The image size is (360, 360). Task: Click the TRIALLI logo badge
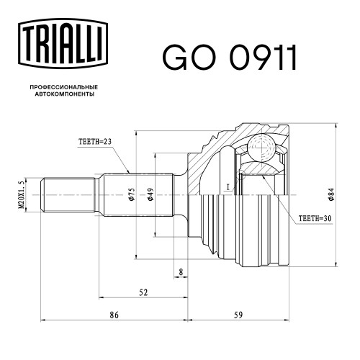tap(63, 44)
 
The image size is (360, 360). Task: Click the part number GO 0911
tap(230, 58)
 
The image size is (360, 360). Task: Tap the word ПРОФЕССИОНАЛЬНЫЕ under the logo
tap(64, 87)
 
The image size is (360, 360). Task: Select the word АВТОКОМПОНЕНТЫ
tap(64, 94)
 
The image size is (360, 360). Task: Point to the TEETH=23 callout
tap(95, 142)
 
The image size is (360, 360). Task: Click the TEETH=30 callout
tap(315, 218)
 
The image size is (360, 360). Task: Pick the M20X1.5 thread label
tap(22, 194)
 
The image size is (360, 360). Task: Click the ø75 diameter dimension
tap(132, 194)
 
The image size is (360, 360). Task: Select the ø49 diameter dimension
tap(150, 194)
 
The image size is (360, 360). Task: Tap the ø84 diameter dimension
tap(331, 194)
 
